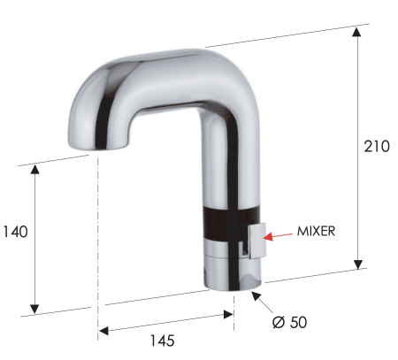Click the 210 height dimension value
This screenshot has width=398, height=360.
point(376,146)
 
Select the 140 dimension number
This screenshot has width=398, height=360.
point(16,232)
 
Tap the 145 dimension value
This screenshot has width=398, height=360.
point(161,340)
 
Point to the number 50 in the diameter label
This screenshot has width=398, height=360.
point(297,322)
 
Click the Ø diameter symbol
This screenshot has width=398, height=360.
point(278,322)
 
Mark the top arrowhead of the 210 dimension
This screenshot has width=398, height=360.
point(356,31)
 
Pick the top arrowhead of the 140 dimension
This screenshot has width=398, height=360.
point(35,169)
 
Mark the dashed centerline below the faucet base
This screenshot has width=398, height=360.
point(234,305)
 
